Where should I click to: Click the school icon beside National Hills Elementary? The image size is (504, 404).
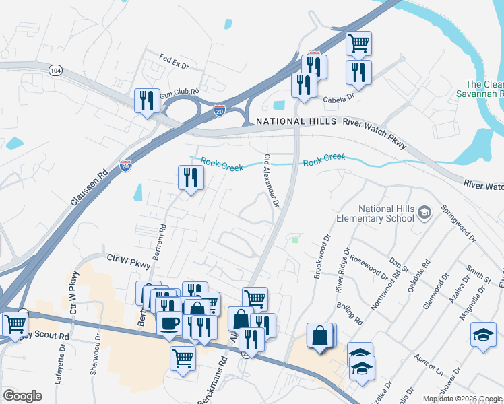coord(424,213)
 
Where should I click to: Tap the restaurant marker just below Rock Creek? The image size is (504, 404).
coord(191,178)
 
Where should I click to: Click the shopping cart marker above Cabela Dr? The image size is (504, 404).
coord(359,44)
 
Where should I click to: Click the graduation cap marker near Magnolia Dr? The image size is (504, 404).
coord(483,335)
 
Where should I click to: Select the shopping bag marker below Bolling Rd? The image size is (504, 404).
coord(320,335)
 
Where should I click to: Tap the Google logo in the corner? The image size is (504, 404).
coord(22,395)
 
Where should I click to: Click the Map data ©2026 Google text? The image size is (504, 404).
coord(462,399)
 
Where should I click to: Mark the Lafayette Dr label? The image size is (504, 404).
coord(59,364)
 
